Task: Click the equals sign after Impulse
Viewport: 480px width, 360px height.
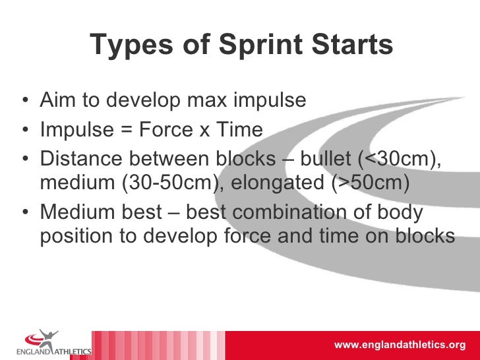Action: click(124, 130)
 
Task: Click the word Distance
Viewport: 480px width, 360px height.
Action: click(82, 160)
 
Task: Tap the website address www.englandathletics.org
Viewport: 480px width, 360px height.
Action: click(400, 345)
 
